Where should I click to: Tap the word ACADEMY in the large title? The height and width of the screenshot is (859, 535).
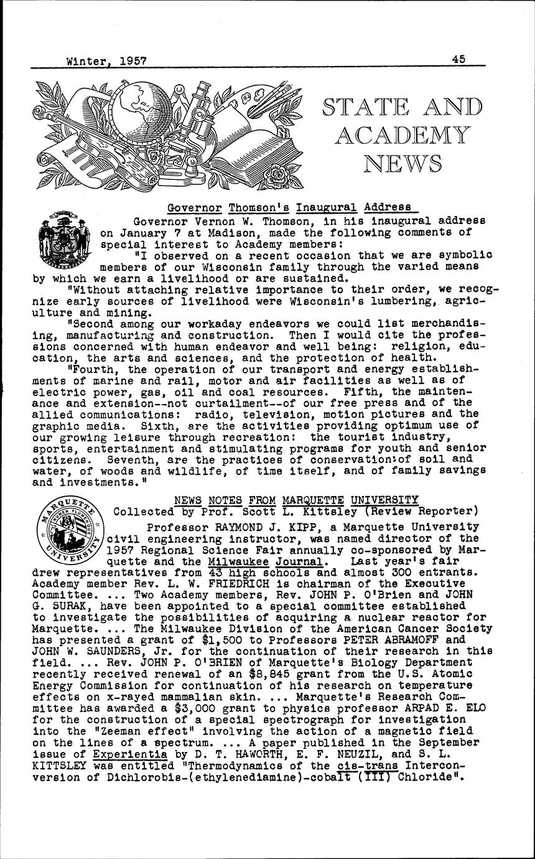coord(401,134)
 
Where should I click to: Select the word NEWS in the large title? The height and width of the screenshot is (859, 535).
coord(402,163)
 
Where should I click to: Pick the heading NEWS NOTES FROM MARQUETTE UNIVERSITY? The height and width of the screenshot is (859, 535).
coord(296,500)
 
